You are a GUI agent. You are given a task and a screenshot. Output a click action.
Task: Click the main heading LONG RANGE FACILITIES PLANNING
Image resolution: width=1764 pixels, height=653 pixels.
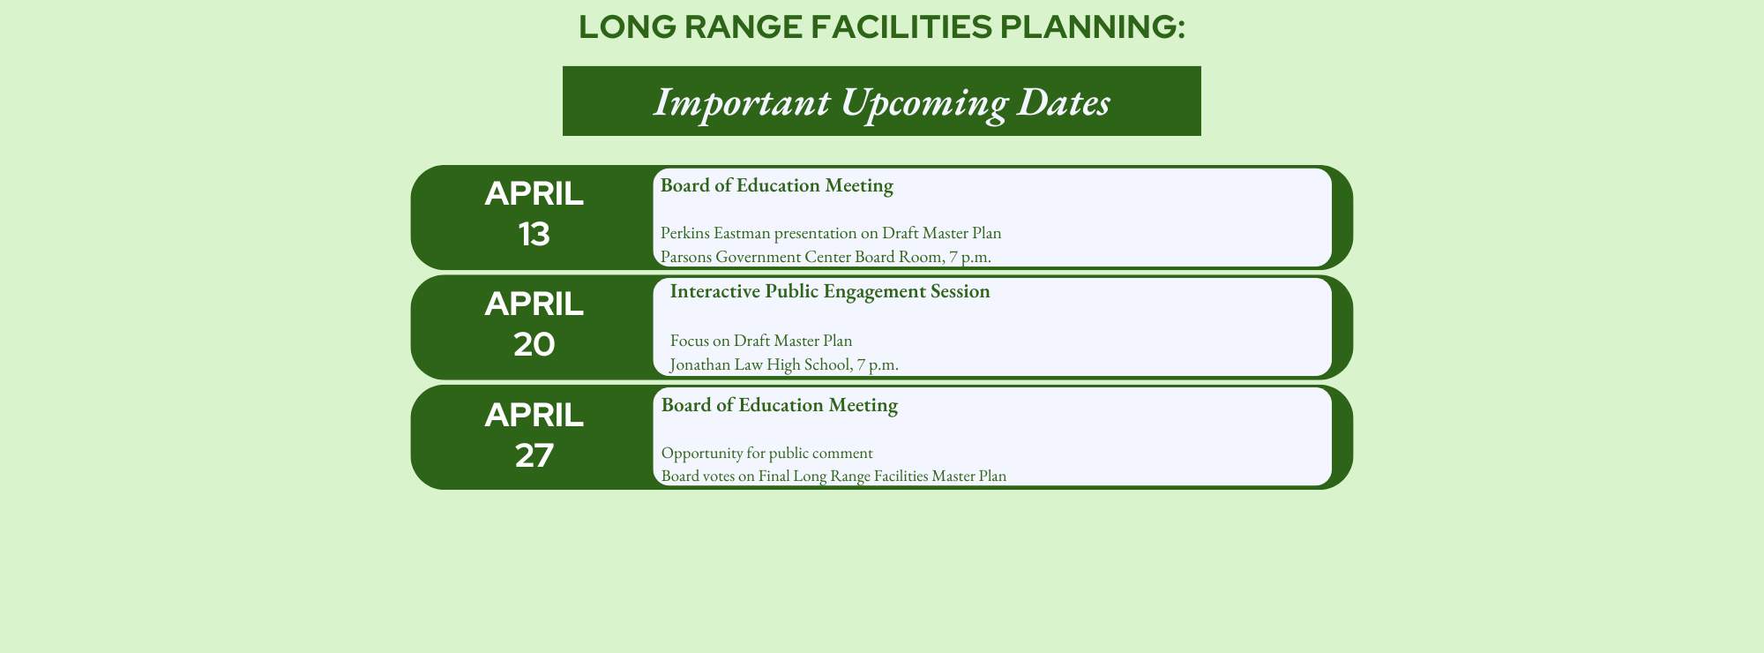tap(882, 27)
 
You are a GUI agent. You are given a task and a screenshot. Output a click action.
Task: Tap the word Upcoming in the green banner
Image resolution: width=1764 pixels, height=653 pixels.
tap(923, 103)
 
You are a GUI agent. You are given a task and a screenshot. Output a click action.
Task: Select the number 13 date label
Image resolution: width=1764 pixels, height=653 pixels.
tap(534, 234)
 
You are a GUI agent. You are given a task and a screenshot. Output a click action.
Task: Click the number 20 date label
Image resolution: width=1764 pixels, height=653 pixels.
tap(534, 344)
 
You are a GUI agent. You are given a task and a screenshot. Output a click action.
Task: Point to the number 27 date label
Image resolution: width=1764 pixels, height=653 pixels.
tap(534, 455)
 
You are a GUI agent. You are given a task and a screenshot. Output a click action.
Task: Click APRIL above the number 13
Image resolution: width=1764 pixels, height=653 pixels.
tap(534, 193)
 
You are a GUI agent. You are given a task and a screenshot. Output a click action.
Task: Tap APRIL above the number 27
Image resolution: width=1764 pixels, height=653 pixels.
tap(534, 415)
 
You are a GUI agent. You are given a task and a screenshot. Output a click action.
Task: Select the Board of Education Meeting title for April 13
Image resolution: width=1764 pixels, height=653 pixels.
tap(777, 185)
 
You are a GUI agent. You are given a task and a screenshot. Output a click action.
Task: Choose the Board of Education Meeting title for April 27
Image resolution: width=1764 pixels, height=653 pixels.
tap(780, 405)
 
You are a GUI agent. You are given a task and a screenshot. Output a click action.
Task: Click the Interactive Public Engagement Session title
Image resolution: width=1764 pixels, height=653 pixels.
tap(830, 291)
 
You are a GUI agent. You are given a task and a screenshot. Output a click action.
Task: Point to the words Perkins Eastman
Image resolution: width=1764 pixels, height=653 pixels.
tap(715, 233)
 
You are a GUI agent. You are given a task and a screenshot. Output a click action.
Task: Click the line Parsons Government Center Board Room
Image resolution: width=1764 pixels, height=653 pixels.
tap(826, 257)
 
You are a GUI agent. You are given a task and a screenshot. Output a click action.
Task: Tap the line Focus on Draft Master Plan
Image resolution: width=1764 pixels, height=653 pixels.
tap(761, 341)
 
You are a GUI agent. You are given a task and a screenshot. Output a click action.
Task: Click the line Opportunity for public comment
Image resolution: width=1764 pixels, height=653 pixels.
tap(767, 454)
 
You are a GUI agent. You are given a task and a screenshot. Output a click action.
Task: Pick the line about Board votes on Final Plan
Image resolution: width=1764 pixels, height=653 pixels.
tap(833, 476)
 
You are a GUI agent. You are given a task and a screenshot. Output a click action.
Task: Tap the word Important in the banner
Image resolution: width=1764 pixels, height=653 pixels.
tap(742, 103)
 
